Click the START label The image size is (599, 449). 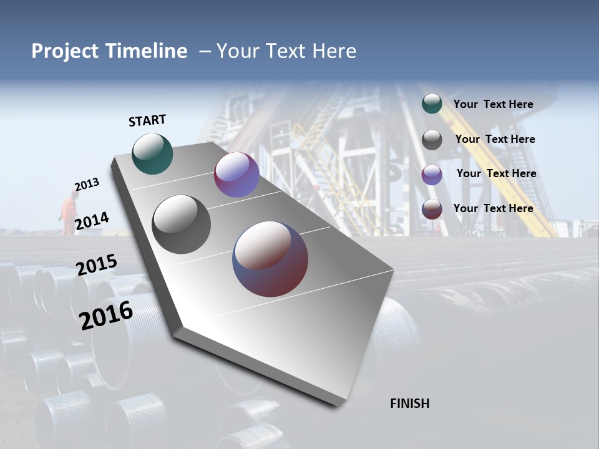pos(147,120)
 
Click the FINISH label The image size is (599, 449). pos(409,403)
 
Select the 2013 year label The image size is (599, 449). pos(87,185)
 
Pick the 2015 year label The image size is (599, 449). pos(97,265)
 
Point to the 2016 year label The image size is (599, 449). pos(106,315)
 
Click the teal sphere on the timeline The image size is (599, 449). pos(152,153)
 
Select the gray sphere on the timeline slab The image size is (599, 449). pos(182,224)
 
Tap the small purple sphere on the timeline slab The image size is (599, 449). pos(236,175)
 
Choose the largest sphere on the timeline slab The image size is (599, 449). pos(270,259)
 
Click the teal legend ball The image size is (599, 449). pos(432,104)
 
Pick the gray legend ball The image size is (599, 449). pos(432,140)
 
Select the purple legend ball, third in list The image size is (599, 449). pos(432,175)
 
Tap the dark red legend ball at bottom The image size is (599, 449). pos(432,209)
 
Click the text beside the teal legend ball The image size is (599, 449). pos(493,104)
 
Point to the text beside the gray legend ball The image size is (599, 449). pos(495,139)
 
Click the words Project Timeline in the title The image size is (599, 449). pos(109,51)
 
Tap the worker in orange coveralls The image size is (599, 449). pos(68,213)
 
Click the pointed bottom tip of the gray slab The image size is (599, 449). pos(337,404)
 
